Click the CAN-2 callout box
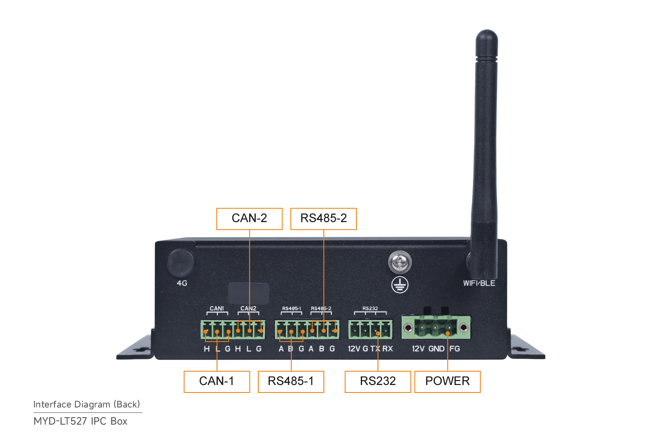pos(249,219)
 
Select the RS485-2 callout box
pos(323,219)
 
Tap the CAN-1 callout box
pos(217,381)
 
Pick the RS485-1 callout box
pos(291,381)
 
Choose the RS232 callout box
pos(378,381)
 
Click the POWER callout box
pos(447,381)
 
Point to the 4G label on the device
pos(182,283)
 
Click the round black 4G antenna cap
pos(180,263)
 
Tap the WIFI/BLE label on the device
pos(479,283)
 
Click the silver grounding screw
pos(400,262)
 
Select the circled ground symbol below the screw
pos(400,285)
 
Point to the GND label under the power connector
pos(436,348)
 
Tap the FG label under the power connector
pos(455,348)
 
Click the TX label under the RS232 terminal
pos(375,348)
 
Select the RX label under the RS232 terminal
pos(388,348)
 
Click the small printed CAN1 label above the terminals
pos(216,308)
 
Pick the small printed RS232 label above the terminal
pos(370,308)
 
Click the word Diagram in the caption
pos(92,404)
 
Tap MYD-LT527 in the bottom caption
pos(61,421)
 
